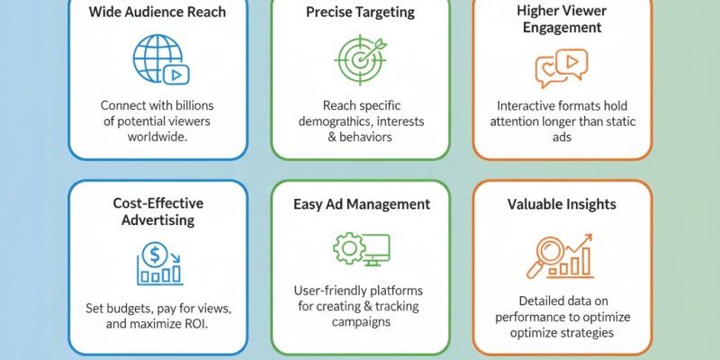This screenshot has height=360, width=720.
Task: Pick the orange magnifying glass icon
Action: tap(546, 255)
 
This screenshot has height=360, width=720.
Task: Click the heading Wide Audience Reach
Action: tap(157, 12)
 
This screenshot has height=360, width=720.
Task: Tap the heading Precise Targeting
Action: tap(360, 12)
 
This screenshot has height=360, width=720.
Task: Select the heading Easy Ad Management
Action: tap(360, 203)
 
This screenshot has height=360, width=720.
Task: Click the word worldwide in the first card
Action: tap(157, 135)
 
